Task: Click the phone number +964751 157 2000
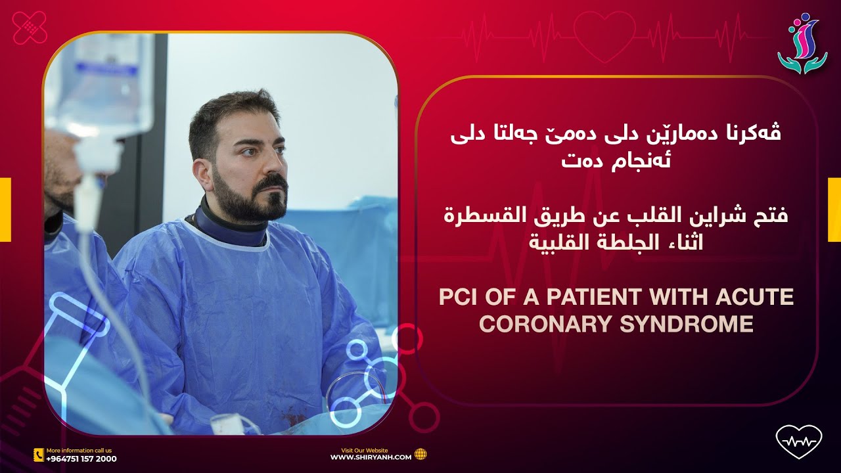(81, 459)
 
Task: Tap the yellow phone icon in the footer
(38, 455)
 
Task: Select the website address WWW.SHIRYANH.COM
(371, 457)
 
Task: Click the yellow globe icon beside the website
(420, 454)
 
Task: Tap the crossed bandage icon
(30, 28)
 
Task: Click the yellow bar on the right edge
(834, 210)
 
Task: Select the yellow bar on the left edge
(5, 210)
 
